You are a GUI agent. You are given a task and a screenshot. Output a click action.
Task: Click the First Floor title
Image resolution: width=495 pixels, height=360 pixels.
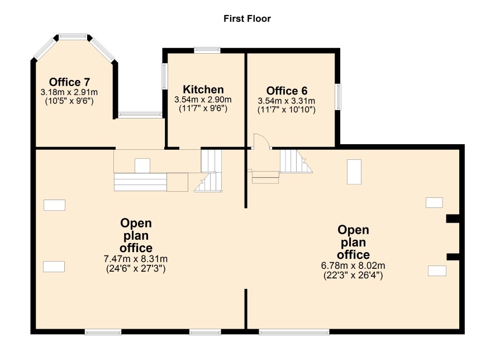coord(247,18)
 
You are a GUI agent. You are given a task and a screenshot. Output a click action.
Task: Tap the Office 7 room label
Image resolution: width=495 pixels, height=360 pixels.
coord(69,82)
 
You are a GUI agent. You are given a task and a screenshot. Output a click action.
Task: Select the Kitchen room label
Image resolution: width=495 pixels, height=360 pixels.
coord(203,89)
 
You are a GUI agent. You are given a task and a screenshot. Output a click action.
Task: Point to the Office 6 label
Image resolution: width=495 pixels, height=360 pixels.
coord(287,91)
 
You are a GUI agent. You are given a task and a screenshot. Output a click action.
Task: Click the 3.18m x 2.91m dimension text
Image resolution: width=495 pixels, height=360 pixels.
coord(69,93)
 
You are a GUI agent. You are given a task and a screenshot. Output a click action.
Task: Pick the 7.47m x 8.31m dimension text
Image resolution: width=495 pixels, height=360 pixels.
coord(136,259)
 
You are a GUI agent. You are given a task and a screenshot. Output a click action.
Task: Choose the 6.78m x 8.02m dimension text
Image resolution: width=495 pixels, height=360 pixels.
coord(353,266)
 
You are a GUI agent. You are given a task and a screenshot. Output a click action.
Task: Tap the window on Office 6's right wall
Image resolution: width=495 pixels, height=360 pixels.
coord(338,97)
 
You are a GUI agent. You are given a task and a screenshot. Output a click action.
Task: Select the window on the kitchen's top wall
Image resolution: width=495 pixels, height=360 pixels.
coord(207,50)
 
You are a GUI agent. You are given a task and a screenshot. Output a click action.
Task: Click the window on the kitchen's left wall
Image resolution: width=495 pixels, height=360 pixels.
coord(164,76)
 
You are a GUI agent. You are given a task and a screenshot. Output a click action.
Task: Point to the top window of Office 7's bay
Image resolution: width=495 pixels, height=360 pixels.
coord(73,37)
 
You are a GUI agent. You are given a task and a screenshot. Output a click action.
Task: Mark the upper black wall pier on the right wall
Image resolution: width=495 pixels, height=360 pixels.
coord(453,219)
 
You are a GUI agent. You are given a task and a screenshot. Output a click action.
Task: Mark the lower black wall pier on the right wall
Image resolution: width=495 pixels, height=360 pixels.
coord(453,257)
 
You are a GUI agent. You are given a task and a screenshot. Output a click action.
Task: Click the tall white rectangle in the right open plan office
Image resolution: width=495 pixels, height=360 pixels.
coord(354,172)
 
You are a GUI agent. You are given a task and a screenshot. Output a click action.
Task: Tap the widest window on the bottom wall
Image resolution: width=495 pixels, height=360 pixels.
coord(294,331)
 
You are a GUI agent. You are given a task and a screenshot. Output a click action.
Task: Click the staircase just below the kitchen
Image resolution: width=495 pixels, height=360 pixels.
coord(211,170)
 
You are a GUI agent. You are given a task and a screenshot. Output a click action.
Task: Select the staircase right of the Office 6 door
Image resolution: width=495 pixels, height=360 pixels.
coord(295,161)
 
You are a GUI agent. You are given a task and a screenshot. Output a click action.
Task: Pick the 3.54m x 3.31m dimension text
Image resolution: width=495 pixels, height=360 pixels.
coord(287,101)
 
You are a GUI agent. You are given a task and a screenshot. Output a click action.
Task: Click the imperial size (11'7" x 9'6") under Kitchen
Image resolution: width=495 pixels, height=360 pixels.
coord(203,108)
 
